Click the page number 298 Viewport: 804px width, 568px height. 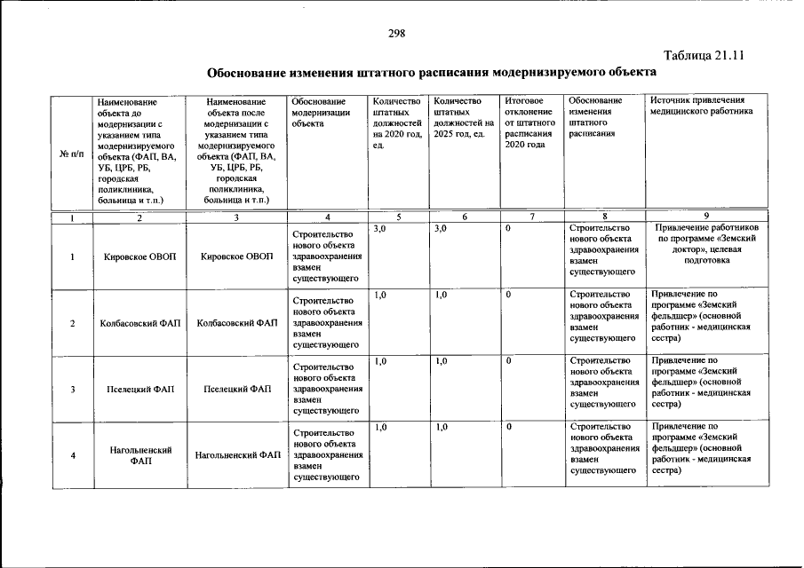[x=396, y=34]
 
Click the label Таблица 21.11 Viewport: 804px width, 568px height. [x=703, y=54]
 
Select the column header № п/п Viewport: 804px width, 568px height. [x=71, y=153]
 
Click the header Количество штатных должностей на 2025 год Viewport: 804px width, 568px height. [x=460, y=117]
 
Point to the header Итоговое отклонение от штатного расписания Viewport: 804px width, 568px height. [x=529, y=122]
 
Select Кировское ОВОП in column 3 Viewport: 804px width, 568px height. [x=237, y=256]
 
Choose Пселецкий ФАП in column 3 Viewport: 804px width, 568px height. [x=237, y=389]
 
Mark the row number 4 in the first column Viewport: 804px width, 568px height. [x=72, y=455]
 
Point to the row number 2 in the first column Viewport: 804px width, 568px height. [x=72, y=323]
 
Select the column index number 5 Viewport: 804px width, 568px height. [x=399, y=217]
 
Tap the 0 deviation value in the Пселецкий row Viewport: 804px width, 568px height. [x=509, y=361]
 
